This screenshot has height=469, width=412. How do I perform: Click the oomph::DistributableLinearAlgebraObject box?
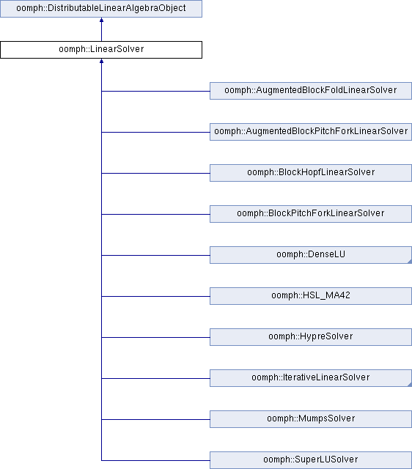(101, 9)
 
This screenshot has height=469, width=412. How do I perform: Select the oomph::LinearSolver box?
(101, 50)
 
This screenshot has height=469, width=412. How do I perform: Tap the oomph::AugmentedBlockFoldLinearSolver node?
(311, 91)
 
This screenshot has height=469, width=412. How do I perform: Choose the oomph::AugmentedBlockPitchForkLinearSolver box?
(311, 132)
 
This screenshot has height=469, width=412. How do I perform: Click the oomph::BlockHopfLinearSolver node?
(311, 173)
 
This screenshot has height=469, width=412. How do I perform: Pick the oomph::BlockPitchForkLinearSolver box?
(311, 214)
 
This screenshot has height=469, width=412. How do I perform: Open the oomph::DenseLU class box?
(311, 255)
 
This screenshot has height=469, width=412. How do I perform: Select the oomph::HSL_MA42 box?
(311, 296)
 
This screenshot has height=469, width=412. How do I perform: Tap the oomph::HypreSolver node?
(311, 337)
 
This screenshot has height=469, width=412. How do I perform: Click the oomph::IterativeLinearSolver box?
(311, 378)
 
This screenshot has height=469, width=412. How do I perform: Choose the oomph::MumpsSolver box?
(311, 419)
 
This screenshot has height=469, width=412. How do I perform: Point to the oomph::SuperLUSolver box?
(311, 460)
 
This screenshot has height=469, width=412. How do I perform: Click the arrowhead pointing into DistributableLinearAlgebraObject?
(101, 20)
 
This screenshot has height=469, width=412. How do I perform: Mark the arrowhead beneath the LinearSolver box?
(101, 61)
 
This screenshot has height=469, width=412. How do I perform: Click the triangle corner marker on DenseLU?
(411, 262)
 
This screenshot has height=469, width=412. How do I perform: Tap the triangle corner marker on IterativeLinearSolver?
(411, 385)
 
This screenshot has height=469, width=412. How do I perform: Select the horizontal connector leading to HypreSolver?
(155, 337)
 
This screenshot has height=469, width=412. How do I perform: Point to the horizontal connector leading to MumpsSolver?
(155, 419)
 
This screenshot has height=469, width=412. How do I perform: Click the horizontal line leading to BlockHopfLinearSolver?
(155, 173)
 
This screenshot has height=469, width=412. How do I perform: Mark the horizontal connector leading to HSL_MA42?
(155, 296)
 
